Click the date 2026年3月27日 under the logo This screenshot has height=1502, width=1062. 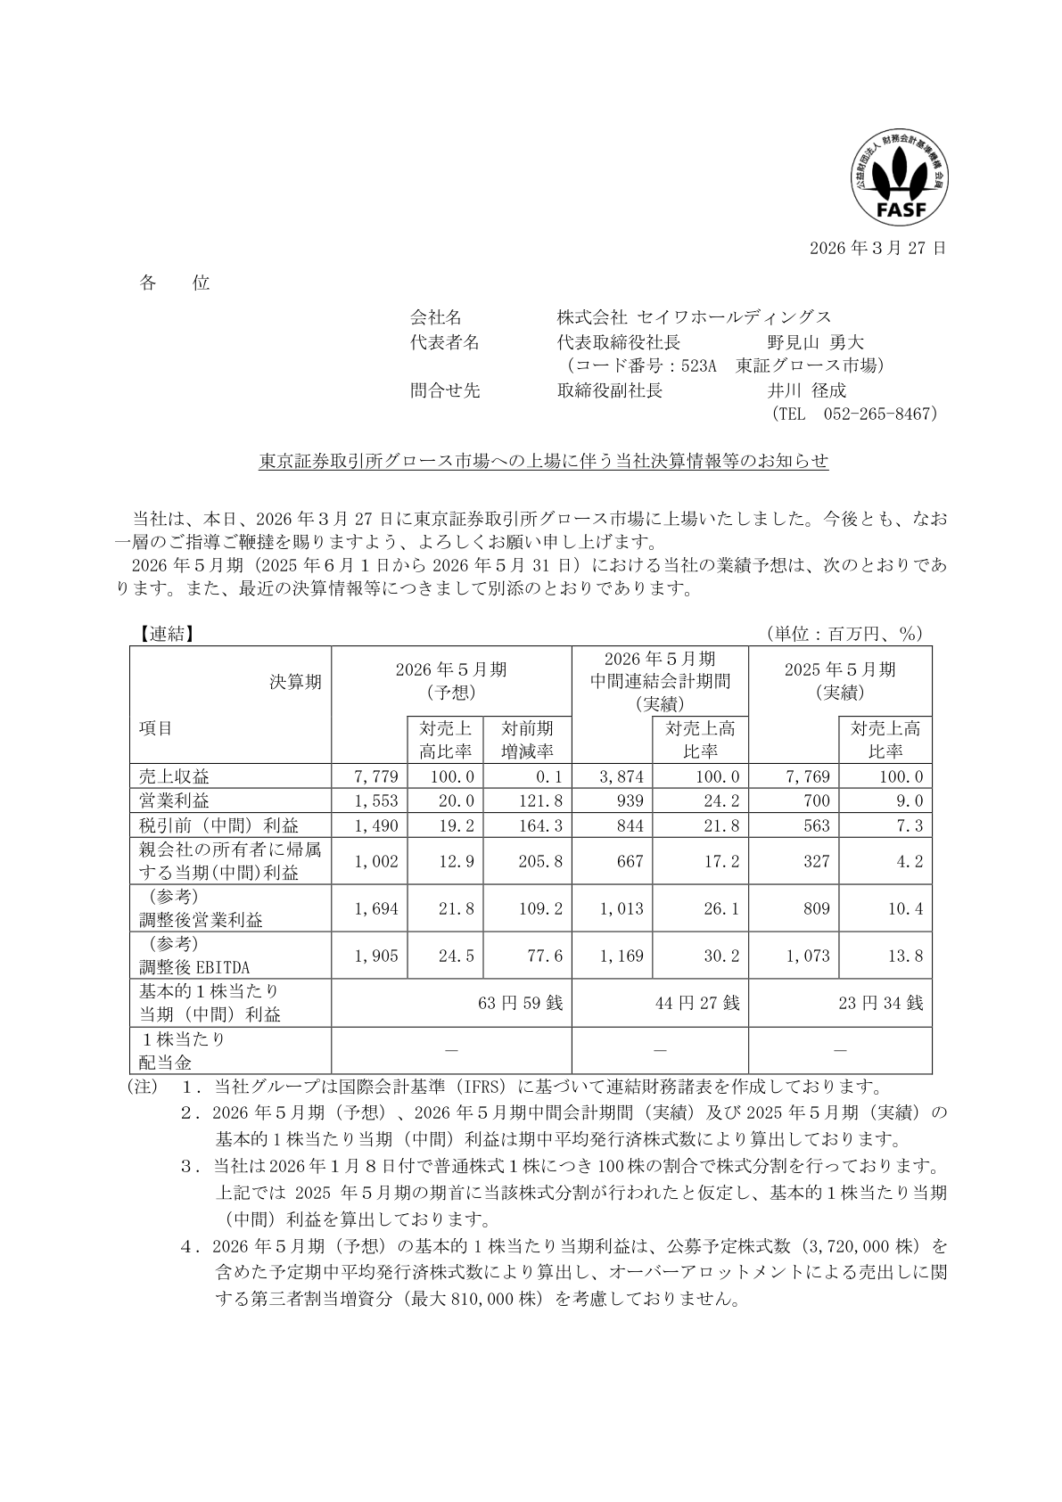pos(877,248)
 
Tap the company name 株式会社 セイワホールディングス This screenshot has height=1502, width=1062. pos(694,317)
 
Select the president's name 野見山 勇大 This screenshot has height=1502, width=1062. pos(815,342)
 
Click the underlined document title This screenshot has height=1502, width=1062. pos(544,462)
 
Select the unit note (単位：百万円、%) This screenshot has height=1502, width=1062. pos(844,634)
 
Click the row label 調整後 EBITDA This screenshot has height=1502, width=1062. pos(194,967)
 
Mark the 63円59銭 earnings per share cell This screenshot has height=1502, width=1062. pos(521,1004)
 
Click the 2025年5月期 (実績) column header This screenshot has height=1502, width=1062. pos(839,681)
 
